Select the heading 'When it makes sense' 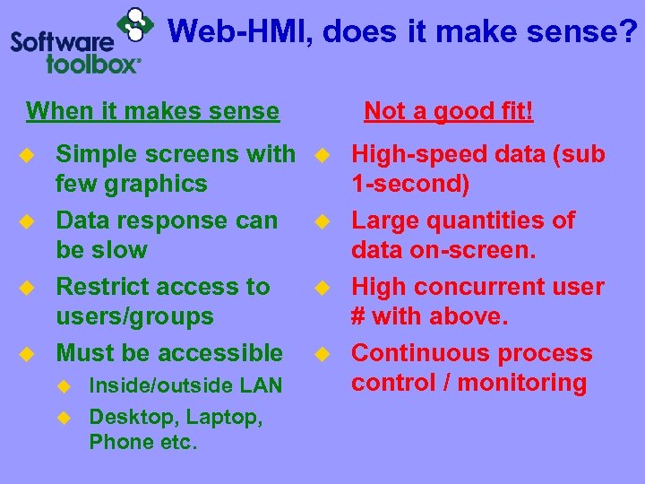(x=153, y=111)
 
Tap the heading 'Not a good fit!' (x=449, y=111)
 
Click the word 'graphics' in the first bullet (x=157, y=185)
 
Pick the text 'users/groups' (x=134, y=316)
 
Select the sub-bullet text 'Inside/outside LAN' (x=185, y=386)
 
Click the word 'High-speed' (x=426, y=154)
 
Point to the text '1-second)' (x=410, y=185)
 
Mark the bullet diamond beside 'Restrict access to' (x=29, y=288)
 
